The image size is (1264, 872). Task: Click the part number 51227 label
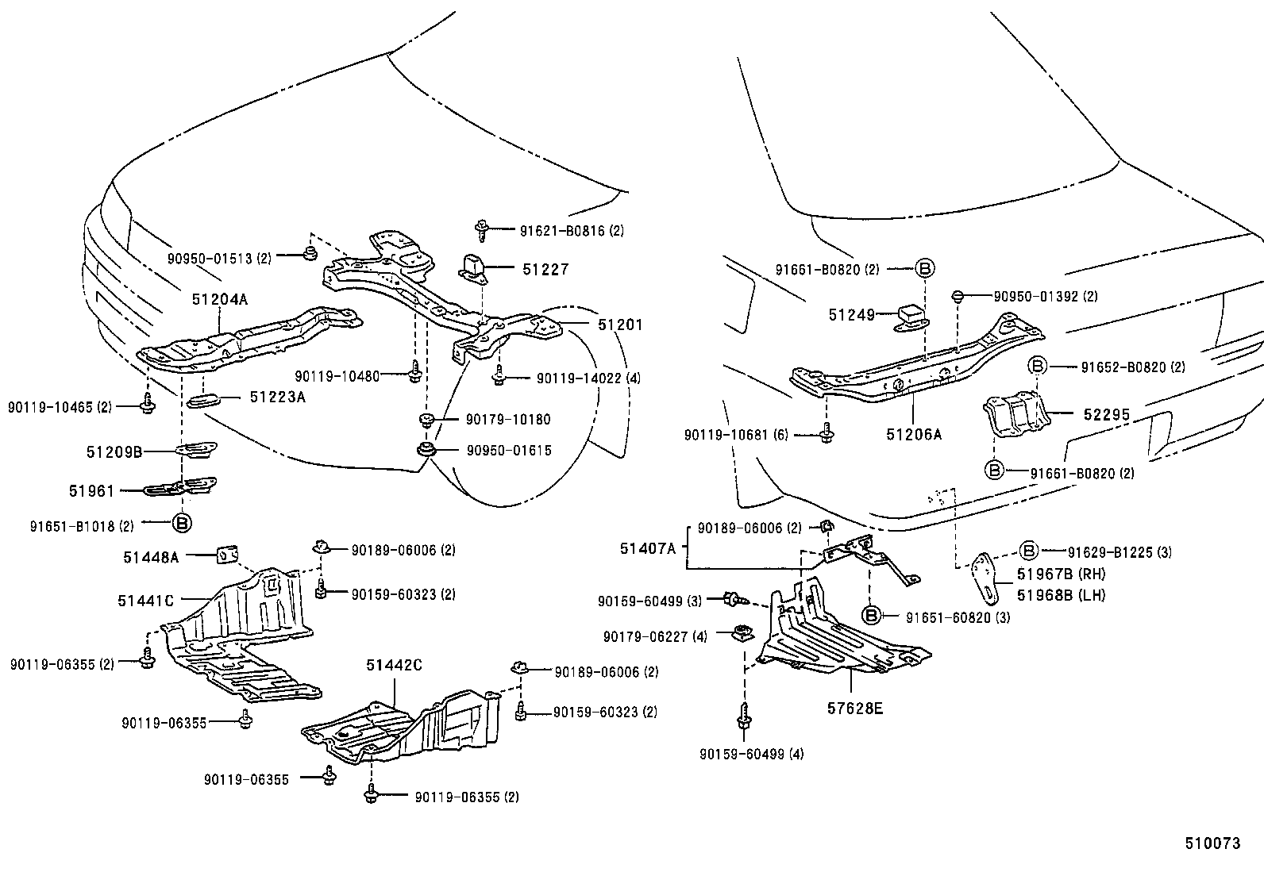[x=545, y=270]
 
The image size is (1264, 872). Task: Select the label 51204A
[x=220, y=299]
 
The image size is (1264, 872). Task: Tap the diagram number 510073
[x=1212, y=843]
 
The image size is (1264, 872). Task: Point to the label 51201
[x=620, y=325]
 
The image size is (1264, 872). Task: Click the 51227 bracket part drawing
[x=474, y=267]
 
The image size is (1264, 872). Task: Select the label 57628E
[x=854, y=707]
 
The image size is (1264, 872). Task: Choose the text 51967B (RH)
[x=1050, y=574]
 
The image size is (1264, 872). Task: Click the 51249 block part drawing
[x=911, y=316]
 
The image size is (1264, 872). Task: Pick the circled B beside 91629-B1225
[x=1028, y=551]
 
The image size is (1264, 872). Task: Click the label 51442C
[x=394, y=664]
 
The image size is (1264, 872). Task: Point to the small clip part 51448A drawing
[x=228, y=554]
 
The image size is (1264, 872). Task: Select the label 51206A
[x=913, y=434]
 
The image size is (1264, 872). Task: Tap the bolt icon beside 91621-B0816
[x=482, y=231]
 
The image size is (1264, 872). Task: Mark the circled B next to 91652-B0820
[x=1039, y=366]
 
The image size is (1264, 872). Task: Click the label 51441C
[x=145, y=601]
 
